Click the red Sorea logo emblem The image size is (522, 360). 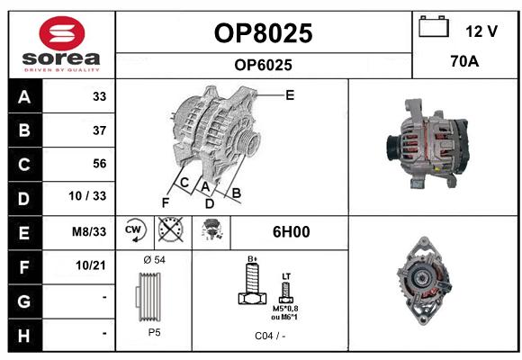pyautogui.click(x=62, y=33)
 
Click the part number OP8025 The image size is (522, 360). pyautogui.click(x=264, y=33)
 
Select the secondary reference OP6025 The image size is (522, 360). pyautogui.click(x=264, y=65)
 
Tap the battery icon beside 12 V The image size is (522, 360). pyautogui.click(x=434, y=26)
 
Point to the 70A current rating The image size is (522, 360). pyautogui.click(x=464, y=61)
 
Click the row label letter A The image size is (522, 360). pyautogui.click(x=24, y=97)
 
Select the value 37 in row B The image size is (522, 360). pyautogui.click(x=100, y=130)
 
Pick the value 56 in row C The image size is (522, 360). pyautogui.click(x=100, y=164)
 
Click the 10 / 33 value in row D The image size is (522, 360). pyautogui.click(x=87, y=196)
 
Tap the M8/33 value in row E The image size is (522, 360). pyautogui.click(x=89, y=231)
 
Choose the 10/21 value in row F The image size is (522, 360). pyautogui.click(x=91, y=265)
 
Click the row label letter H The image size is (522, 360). pyautogui.click(x=24, y=336)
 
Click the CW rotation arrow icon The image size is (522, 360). pyautogui.click(x=135, y=230)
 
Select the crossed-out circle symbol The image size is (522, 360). pyautogui.click(x=171, y=229)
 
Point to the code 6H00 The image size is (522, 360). pyautogui.click(x=292, y=232)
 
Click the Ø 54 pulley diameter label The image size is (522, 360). pyautogui.click(x=155, y=260)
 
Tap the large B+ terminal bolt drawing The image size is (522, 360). pyautogui.click(x=253, y=283)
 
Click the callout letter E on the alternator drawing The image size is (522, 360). pyautogui.click(x=290, y=95)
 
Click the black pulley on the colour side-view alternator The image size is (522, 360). pyautogui.click(x=392, y=148)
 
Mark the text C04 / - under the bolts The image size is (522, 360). pyautogui.click(x=270, y=336)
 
